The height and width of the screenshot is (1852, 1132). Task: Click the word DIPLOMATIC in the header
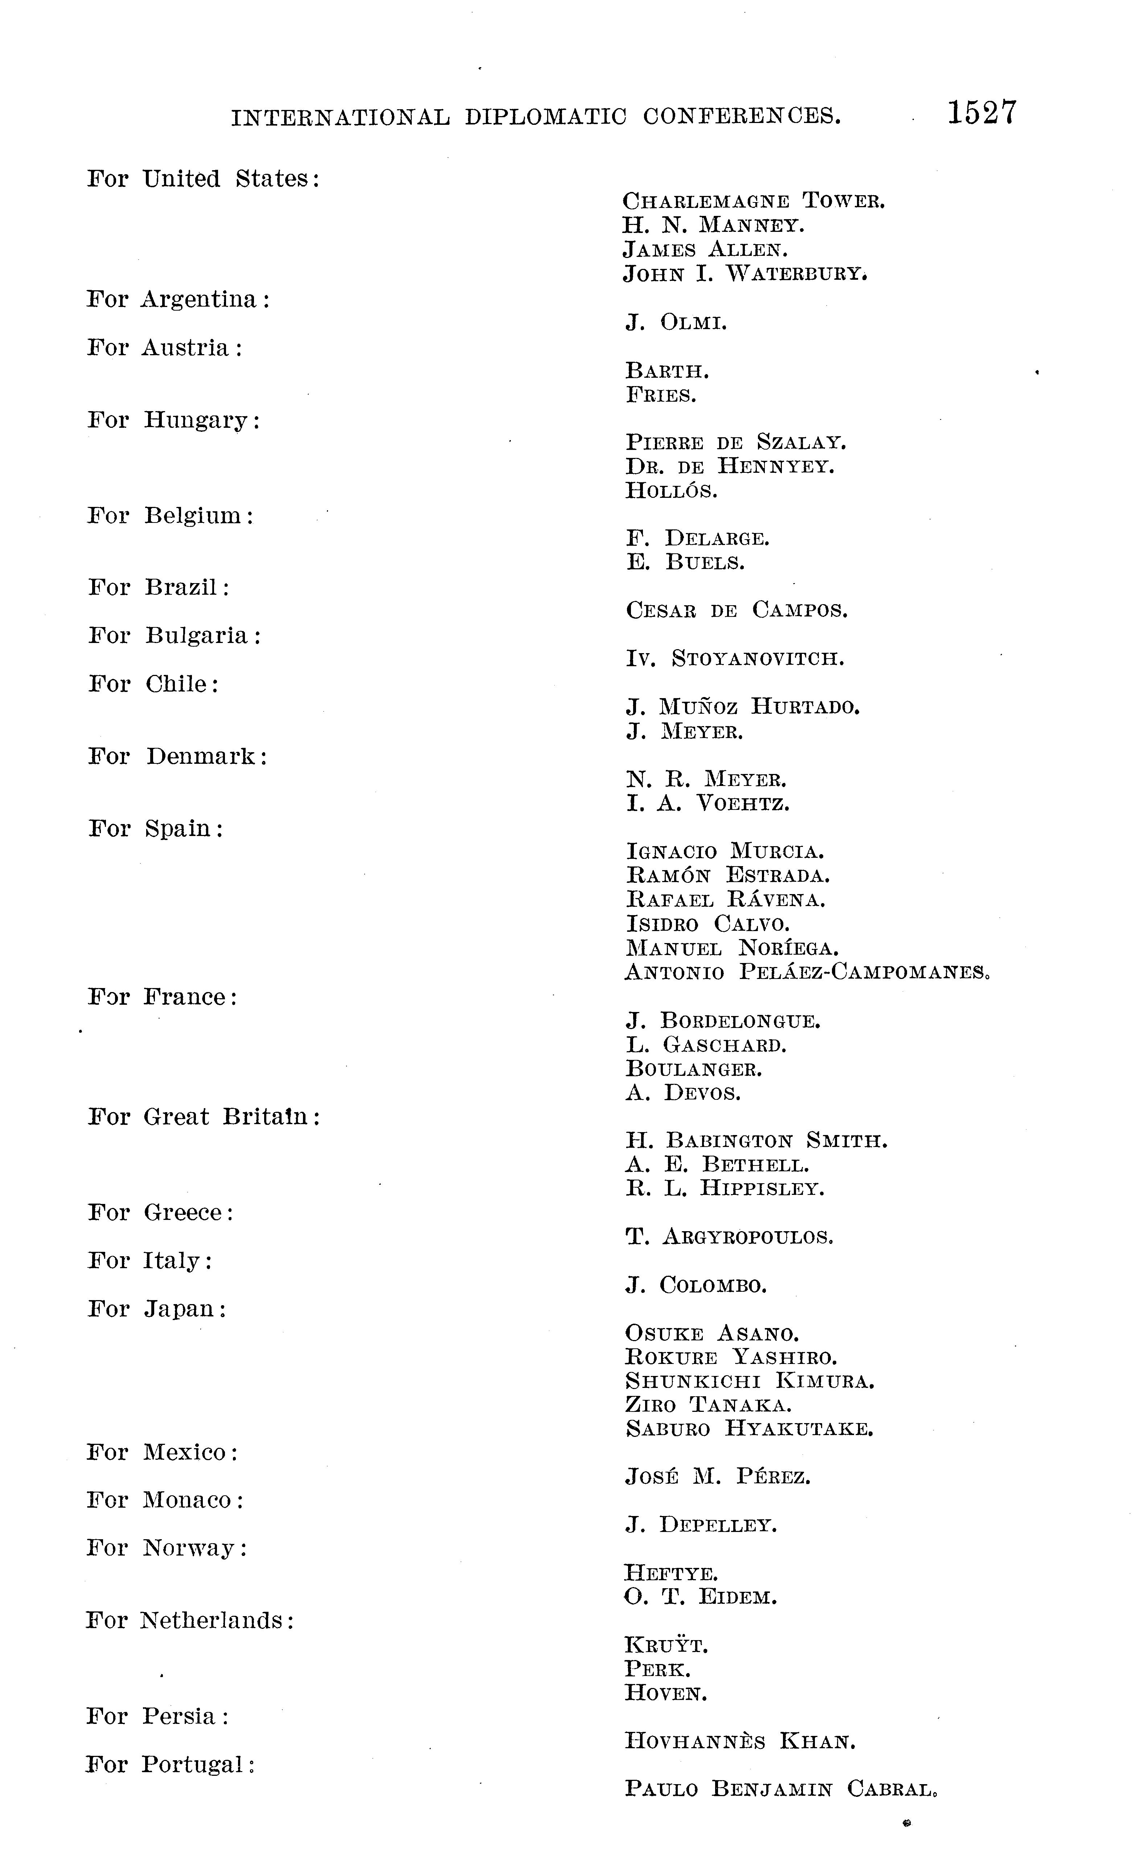click(545, 116)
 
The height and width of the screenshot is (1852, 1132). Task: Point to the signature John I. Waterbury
click(744, 274)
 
